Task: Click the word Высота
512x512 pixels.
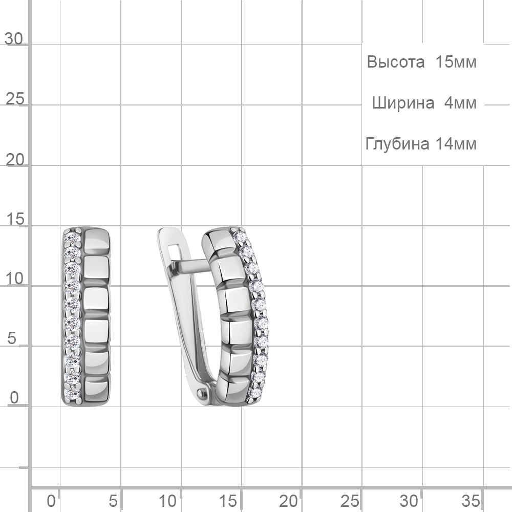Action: coord(395,62)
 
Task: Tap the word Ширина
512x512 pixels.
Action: coord(403,103)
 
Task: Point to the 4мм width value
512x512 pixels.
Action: coord(460,103)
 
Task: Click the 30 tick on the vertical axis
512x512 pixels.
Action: coord(14,39)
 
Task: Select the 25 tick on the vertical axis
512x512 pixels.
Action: coord(15,99)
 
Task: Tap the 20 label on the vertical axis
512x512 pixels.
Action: coord(15,160)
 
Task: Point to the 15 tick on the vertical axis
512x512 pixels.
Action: coord(15,219)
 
